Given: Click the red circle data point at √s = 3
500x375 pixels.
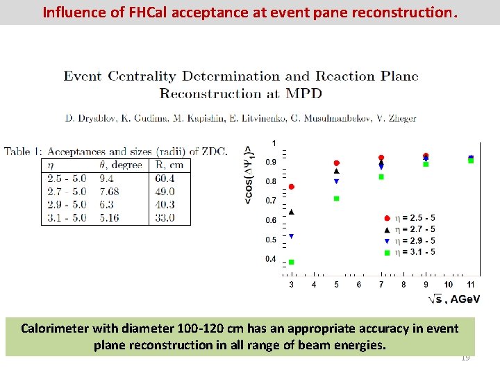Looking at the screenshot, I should pos(292,187).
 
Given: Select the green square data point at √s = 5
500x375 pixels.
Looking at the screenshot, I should pos(337,199).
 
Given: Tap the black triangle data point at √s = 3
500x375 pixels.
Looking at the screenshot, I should pos(292,212).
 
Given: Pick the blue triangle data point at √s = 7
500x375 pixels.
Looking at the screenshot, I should pos(381,167).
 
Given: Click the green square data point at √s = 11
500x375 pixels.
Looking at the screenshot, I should pos(471,160).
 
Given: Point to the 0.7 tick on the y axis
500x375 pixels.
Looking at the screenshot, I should pos(270,201).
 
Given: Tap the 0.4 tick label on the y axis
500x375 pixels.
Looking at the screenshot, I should pos(270,259).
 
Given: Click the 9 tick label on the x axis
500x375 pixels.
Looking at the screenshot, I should pos(426,285).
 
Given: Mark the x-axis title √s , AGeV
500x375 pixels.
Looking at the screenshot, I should pos(453,299).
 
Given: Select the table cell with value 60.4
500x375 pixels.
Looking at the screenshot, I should pos(165,178).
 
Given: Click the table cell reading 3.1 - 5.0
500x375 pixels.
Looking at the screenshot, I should pos(67,217).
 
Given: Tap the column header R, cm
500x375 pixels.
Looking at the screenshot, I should pos(169,165).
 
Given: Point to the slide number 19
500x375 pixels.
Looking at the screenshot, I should pos(465,358).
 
